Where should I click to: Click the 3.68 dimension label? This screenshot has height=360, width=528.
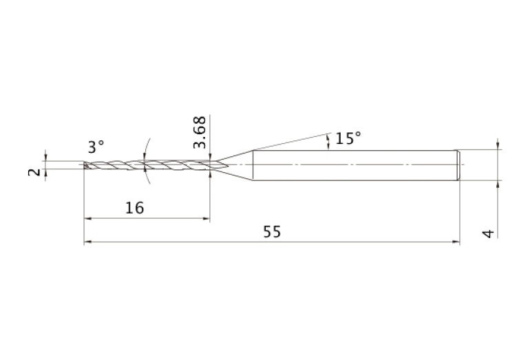[x=200, y=132]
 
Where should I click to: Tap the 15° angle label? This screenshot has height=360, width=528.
[x=348, y=138]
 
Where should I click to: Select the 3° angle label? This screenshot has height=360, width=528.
[x=96, y=147]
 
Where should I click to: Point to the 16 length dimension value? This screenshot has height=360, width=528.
[x=135, y=208]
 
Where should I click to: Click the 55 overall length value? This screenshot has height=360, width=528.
[x=272, y=232]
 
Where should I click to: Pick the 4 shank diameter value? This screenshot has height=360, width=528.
[x=489, y=233]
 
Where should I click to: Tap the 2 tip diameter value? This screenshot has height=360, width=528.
[x=34, y=172]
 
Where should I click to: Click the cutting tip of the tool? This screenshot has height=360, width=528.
[x=85, y=165]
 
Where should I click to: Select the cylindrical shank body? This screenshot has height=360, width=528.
[x=355, y=165]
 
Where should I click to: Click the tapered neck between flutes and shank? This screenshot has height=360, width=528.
[x=235, y=165]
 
